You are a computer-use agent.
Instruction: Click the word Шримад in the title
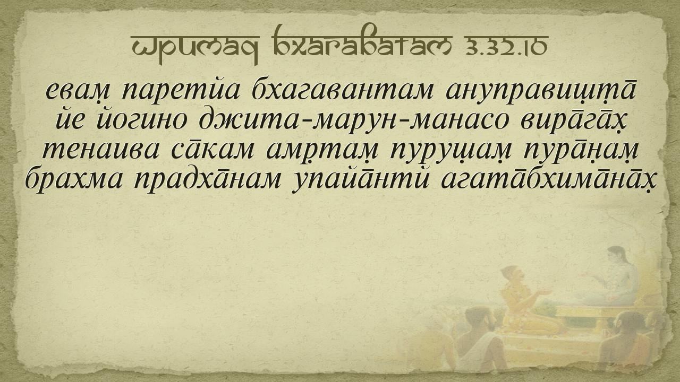pos(195,47)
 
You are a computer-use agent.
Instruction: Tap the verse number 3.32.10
pos(506,46)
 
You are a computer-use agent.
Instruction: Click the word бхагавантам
pos(343,90)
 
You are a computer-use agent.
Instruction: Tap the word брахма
pos(74,179)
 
